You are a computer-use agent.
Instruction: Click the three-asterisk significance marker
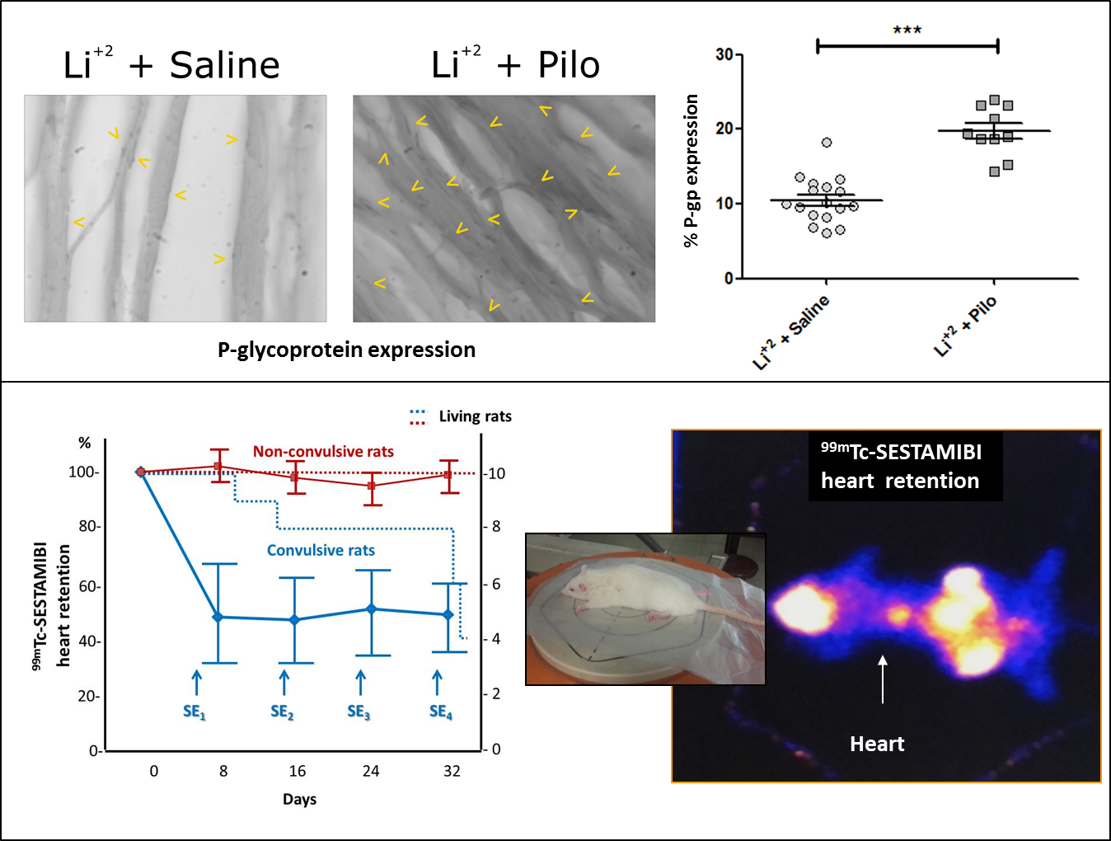(x=907, y=31)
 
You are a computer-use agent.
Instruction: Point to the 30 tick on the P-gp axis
(x=724, y=54)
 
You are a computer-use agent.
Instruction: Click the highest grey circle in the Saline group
(x=827, y=143)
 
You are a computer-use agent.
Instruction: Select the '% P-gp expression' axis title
(x=691, y=171)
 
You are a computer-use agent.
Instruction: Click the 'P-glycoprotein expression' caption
(x=346, y=350)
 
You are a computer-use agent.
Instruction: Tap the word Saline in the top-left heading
(x=224, y=65)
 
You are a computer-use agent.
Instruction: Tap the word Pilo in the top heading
(x=569, y=65)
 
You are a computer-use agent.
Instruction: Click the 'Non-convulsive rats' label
(x=323, y=452)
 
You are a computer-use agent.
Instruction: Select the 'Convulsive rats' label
(x=321, y=550)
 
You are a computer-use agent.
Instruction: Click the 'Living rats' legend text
(x=475, y=416)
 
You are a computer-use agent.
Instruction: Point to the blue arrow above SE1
(x=196, y=682)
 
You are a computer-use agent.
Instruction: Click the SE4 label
(x=441, y=712)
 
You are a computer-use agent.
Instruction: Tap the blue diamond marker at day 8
(x=218, y=617)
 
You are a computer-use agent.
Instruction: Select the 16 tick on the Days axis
(x=298, y=771)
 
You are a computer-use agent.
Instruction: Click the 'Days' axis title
(x=299, y=799)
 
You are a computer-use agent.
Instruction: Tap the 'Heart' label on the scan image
(x=877, y=745)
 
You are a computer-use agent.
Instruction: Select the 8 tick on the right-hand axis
(x=496, y=526)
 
